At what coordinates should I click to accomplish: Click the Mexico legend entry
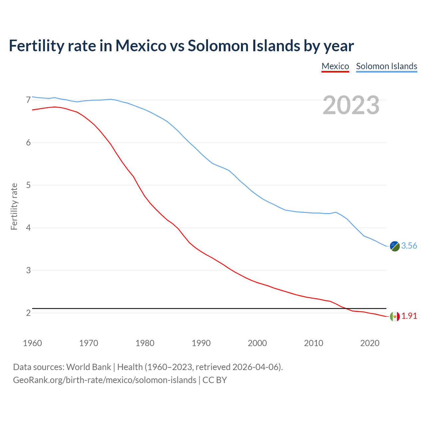(x=335, y=66)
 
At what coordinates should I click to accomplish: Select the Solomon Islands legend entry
(x=386, y=66)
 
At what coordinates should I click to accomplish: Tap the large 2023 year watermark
(x=351, y=105)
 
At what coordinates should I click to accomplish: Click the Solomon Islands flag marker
(x=395, y=246)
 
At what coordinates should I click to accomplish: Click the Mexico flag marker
(x=395, y=316)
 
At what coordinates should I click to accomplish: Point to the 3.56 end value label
(x=409, y=246)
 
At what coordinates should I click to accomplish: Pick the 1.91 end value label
(x=409, y=316)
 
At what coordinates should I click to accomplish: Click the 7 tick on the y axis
(x=28, y=100)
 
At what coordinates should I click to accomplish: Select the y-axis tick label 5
(x=28, y=185)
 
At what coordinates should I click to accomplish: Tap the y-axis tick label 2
(x=28, y=313)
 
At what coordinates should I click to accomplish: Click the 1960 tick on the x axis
(x=32, y=343)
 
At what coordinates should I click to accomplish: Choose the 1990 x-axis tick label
(x=201, y=343)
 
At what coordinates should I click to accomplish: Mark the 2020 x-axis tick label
(x=370, y=343)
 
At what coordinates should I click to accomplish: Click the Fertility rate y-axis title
(x=14, y=206)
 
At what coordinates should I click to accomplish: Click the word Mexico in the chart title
(x=141, y=46)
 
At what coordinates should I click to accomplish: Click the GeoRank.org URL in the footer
(x=105, y=380)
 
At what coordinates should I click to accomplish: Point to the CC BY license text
(x=215, y=380)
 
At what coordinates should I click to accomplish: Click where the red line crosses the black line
(x=346, y=309)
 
